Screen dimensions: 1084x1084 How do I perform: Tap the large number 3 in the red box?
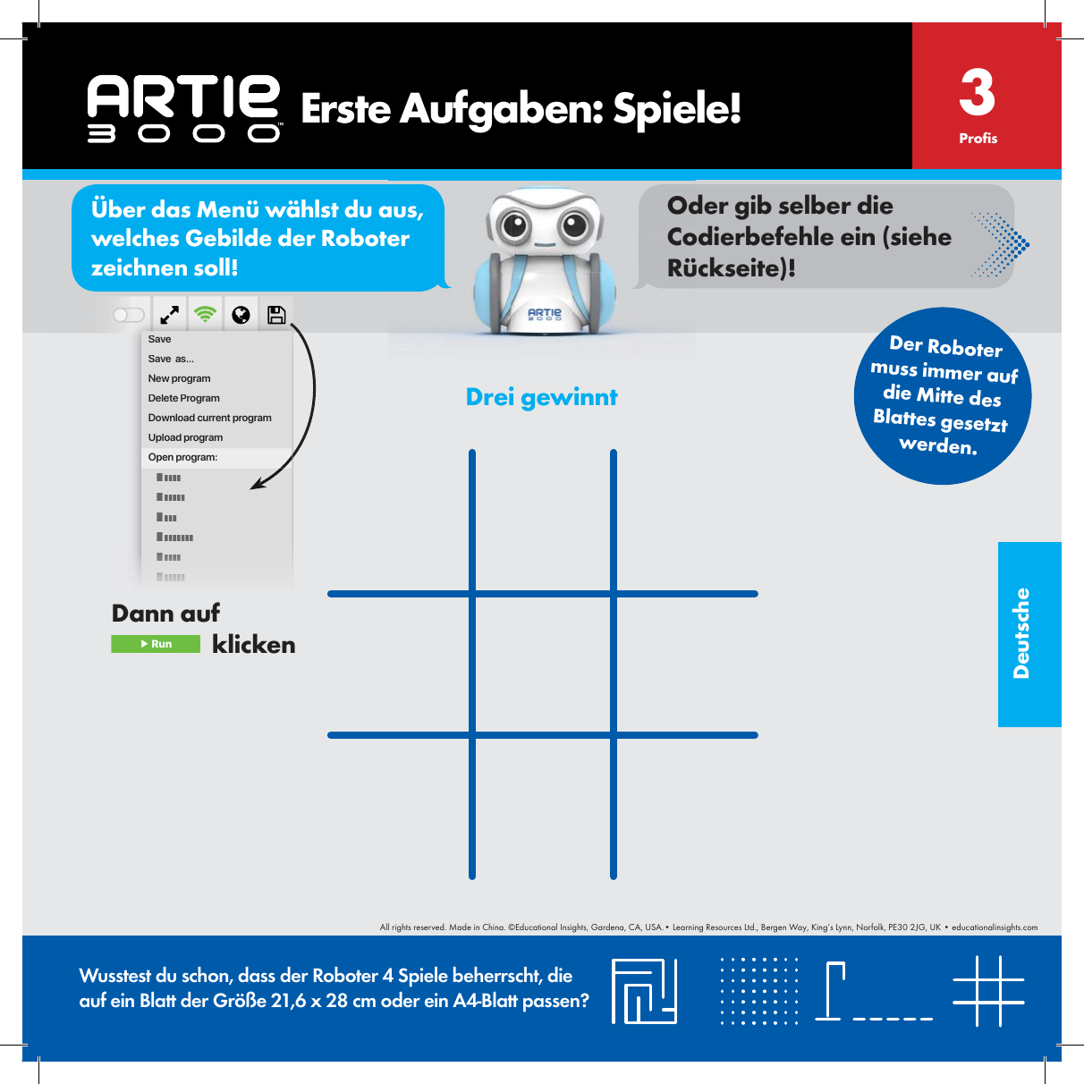pos(977,93)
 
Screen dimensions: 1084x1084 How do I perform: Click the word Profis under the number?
pos(978,139)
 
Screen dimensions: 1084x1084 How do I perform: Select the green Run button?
pos(156,644)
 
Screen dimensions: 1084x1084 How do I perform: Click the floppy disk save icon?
pos(276,315)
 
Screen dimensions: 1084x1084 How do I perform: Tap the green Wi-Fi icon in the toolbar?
pos(206,315)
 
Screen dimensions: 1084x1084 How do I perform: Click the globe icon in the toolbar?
pos(241,315)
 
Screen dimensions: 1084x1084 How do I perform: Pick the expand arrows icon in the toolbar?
pos(169,315)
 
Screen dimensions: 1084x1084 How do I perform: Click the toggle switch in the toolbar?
pos(129,315)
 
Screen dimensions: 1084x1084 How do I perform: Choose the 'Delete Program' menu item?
pos(183,398)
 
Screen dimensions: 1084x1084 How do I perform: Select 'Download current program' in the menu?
pos(209,418)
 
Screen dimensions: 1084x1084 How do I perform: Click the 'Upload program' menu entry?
pos(185,437)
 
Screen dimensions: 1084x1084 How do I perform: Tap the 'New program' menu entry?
pos(179,378)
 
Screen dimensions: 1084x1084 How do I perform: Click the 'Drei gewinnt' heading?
pos(541,397)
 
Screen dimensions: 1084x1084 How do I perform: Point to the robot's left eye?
pos(515,224)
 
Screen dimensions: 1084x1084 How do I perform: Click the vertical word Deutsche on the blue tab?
pos(1021,633)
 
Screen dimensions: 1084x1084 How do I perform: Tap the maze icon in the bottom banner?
pos(644,991)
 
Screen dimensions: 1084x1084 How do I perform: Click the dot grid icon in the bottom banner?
pos(759,991)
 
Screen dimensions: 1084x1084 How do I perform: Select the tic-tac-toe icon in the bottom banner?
pos(988,991)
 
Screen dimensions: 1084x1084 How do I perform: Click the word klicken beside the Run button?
pos(253,645)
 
